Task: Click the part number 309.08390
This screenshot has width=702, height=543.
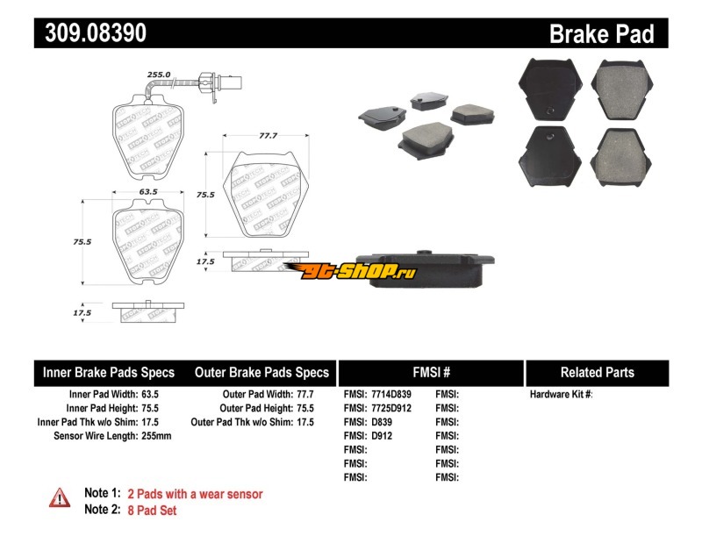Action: click(x=96, y=32)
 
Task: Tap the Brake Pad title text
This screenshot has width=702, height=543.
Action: click(x=602, y=33)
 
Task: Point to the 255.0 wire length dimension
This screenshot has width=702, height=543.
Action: click(x=159, y=75)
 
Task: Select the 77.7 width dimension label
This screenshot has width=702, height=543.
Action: click(x=269, y=135)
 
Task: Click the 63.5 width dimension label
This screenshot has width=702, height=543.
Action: click(x=148, y=191)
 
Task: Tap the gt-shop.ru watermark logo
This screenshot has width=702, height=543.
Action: click(x=351, y=270)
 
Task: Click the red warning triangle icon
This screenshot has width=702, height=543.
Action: click(x=60, y=497)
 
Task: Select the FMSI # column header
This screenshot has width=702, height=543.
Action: click(x=432, y=373)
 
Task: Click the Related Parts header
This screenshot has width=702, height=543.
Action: click(x=598, y=373)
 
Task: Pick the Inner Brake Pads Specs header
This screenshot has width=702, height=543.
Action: click(x=108, y=373)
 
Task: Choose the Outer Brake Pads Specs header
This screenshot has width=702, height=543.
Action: click(x=261, y=373)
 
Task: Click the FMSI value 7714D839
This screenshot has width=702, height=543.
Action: click(x=391, y=395)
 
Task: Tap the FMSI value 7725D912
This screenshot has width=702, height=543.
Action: click(x=391, y=408)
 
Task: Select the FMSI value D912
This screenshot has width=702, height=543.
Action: click(x=382, y=436)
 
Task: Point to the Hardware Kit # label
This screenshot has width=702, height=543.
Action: click(x=561, y=395)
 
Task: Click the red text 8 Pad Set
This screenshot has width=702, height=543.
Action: click(x=152, y=511)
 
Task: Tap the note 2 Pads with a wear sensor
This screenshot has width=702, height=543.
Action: click(x=195, y=494)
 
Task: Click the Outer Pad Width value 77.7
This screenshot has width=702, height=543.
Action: click(x=305, y=395)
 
